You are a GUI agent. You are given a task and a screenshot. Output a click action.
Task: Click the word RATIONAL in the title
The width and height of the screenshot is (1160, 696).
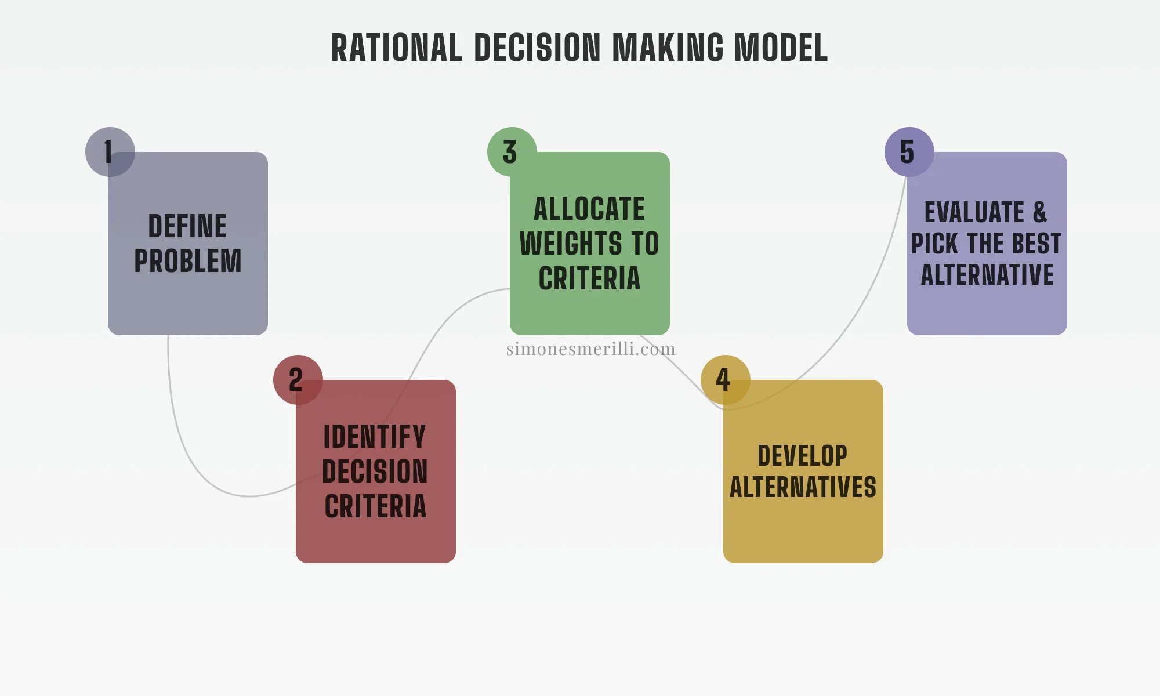[397, 48]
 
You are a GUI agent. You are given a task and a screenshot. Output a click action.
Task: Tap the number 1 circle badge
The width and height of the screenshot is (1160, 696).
[110, 152]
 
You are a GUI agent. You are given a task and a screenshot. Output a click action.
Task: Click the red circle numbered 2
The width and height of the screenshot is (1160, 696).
[298, 380]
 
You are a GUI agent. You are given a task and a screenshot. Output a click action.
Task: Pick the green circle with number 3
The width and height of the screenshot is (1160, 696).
[512, 152]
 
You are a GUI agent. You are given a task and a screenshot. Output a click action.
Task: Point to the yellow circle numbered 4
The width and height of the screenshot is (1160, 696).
[725, 380]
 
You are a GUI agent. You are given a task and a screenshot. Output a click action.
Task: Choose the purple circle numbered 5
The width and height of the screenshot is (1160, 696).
[909, 152]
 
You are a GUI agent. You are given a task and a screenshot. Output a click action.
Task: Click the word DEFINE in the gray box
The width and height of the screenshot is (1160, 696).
[187, 226]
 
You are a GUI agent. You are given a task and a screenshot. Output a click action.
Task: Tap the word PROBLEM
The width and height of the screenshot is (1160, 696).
[187, 261]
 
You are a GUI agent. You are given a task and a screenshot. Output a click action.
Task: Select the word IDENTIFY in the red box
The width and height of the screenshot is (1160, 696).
[375, 437]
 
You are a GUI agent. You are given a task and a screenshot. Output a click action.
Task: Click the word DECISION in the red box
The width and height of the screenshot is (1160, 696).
[375, 472]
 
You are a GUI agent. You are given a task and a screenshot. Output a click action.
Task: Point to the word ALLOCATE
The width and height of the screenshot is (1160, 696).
[589, 209]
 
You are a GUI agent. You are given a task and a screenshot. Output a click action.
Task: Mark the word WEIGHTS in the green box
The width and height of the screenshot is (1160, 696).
[571, 244]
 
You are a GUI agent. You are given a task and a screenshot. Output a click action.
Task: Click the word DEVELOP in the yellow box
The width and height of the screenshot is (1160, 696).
[803, 456]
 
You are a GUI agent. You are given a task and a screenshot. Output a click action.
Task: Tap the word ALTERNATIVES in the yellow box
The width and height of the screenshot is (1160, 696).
[803, 487]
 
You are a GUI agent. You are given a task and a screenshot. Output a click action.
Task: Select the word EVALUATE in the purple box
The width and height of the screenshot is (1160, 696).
[974, 212]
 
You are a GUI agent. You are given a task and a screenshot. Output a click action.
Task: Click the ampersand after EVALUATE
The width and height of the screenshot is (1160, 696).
[1040, 212]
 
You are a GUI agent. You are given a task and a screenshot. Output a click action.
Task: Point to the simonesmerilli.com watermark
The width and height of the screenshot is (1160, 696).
[590, 349]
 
